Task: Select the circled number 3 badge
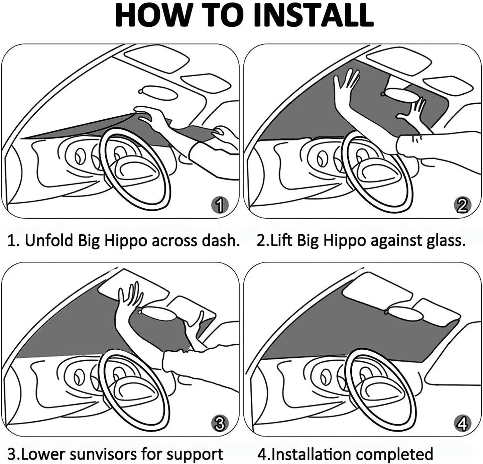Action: pyautogui.click(x=220, y=424)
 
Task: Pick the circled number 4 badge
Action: pyautogui.click(x=462, y=424)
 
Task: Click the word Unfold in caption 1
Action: pyautogui.click(x=49, y=240)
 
